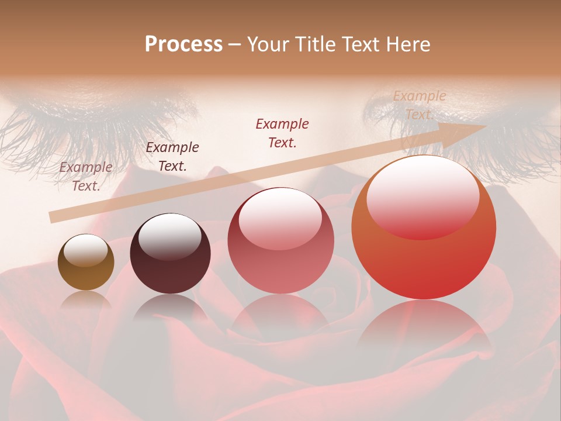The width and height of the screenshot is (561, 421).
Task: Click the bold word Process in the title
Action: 183,44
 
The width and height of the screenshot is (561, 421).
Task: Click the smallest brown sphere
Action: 86,262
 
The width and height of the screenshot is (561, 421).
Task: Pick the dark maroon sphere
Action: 170,253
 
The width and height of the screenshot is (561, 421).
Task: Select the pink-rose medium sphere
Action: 280,241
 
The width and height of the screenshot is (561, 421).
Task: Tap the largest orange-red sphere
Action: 424,227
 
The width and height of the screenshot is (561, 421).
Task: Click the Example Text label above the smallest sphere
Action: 86,177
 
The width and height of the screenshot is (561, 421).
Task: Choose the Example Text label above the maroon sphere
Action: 172,157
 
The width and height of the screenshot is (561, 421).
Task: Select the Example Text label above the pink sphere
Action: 282,133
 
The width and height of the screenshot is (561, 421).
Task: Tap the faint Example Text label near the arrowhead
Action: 419,105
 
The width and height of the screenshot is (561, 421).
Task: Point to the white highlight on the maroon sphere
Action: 169,236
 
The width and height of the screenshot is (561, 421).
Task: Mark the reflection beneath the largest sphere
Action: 424,327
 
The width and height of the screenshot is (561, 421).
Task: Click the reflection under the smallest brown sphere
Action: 86,301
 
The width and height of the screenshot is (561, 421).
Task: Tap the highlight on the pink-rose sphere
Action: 280,218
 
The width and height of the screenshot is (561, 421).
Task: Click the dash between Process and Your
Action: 234,44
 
